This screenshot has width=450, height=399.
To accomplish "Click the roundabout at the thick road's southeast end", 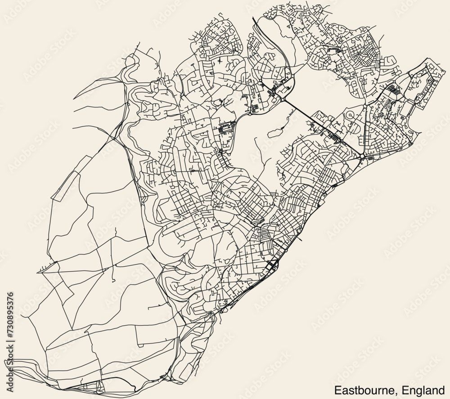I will [x=362, y=156].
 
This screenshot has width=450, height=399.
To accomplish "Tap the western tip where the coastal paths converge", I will [x=13, y=360].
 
